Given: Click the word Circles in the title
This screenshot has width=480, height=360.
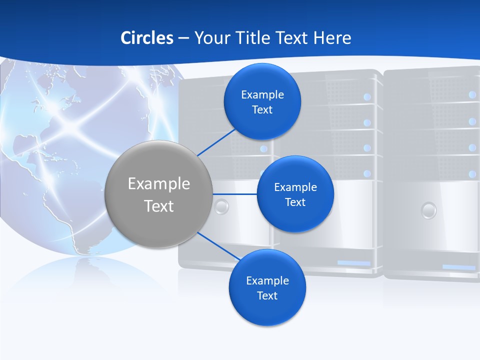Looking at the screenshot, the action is coord(147,38).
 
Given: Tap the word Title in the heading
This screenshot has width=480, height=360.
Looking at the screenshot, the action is coord(255,38).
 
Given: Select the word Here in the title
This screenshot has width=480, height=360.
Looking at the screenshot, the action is coord(332,38).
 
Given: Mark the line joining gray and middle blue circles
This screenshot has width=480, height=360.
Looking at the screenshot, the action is coord(234,194).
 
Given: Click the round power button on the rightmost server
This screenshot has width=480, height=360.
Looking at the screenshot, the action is coord(428,210).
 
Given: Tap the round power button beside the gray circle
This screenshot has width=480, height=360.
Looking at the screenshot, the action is coord(221,206).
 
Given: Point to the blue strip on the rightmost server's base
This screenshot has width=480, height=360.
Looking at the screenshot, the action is coord(458,267).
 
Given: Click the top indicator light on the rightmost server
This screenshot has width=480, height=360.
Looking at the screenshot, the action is coord(472,94).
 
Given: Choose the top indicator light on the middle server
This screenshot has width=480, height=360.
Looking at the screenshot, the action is coord(367,96).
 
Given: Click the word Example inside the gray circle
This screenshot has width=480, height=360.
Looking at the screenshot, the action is coord(159,184).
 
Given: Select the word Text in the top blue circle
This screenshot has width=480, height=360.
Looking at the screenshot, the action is coord(262,109).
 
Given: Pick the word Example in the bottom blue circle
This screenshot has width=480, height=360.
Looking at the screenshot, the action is coord(267,280).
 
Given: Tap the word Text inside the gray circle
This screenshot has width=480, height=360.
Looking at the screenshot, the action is coord(159,206).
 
